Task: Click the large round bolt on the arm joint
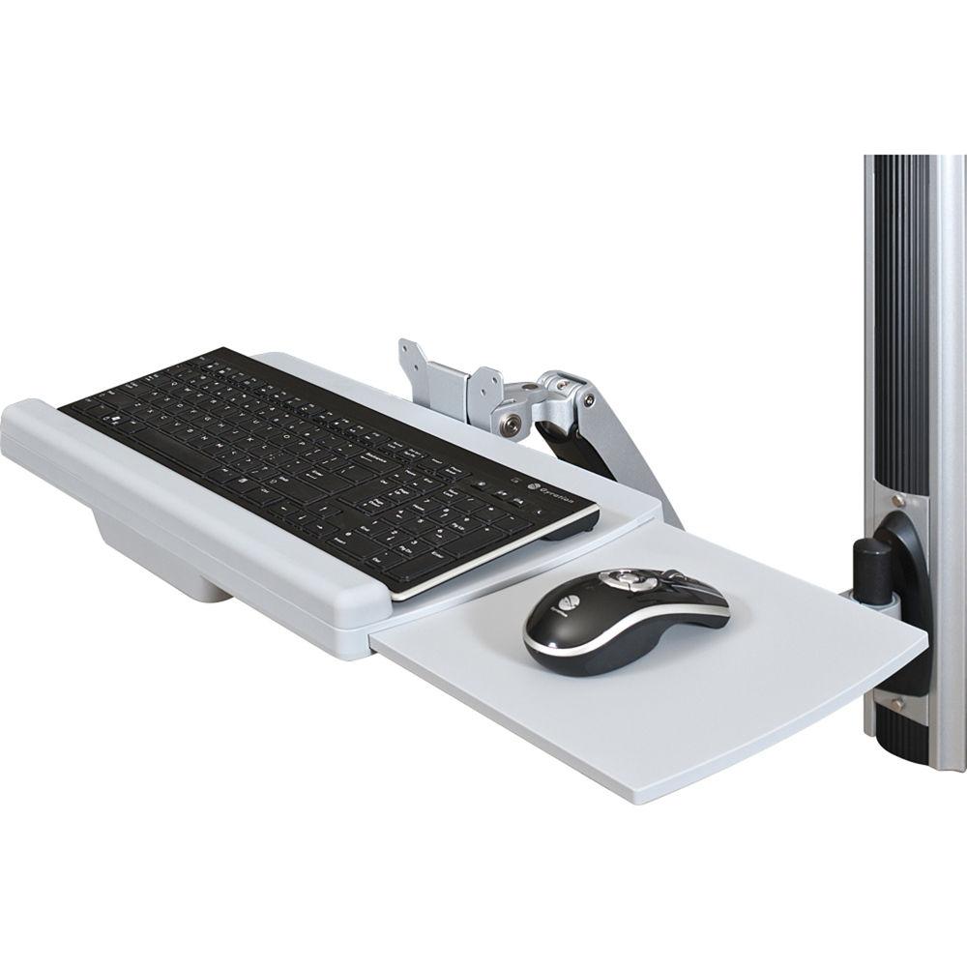[509, 420]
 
